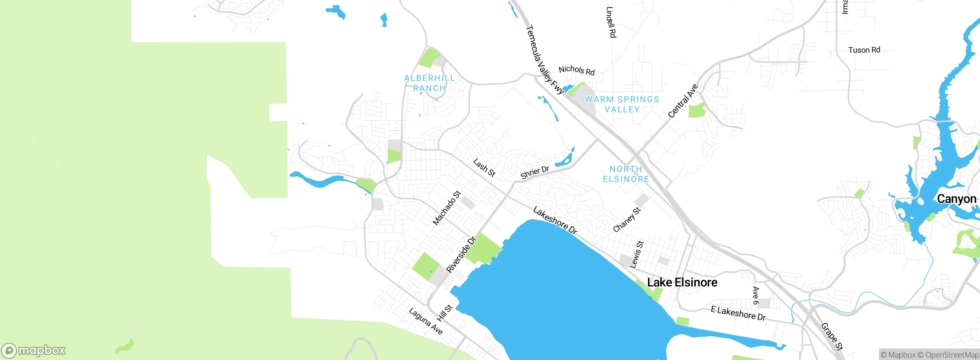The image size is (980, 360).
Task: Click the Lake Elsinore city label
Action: pos(682,283)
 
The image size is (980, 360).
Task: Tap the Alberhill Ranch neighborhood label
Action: pos(430,83)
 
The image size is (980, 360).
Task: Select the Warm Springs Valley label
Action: pos(622,104)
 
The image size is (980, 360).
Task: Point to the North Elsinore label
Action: pos(626,174)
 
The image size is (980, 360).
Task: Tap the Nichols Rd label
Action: pos(577,70)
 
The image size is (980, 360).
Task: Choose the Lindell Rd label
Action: pos(611,22)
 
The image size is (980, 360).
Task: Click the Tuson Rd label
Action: pos(864,50)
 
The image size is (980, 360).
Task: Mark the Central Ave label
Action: pos(683,101)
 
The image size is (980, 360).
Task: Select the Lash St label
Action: pos(484,168)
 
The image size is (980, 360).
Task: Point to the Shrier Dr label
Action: pos(535,172)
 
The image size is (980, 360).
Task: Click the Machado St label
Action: pos(446,208)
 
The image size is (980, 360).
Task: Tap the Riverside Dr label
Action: pos(461,255)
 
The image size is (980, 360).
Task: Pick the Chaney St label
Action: pos(627,220)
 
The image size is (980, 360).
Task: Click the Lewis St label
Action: pos(637,255)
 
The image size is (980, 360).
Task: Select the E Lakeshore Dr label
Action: pos(738,313)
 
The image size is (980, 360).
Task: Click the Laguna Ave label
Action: pos(426,321)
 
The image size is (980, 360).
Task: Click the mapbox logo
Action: pos(34,350)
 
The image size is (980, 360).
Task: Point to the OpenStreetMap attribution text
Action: pos(952,355)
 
